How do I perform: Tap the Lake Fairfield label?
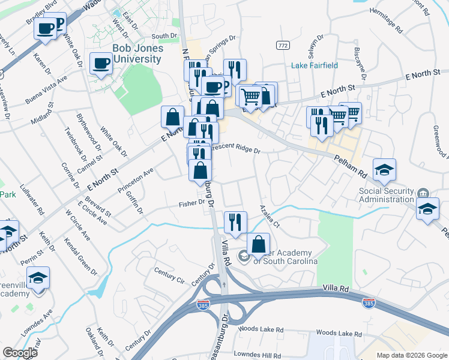[315, 65]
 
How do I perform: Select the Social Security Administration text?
[378, 196]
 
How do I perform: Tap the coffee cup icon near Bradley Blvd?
[45, 28]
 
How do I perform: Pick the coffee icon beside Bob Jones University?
[101, 62]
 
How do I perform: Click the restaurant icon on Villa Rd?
[235, 222]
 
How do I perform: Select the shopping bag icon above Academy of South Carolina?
[258, 244]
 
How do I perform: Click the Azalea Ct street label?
[270, 215]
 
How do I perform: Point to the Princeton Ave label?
[136, 179]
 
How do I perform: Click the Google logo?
[20, 353]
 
